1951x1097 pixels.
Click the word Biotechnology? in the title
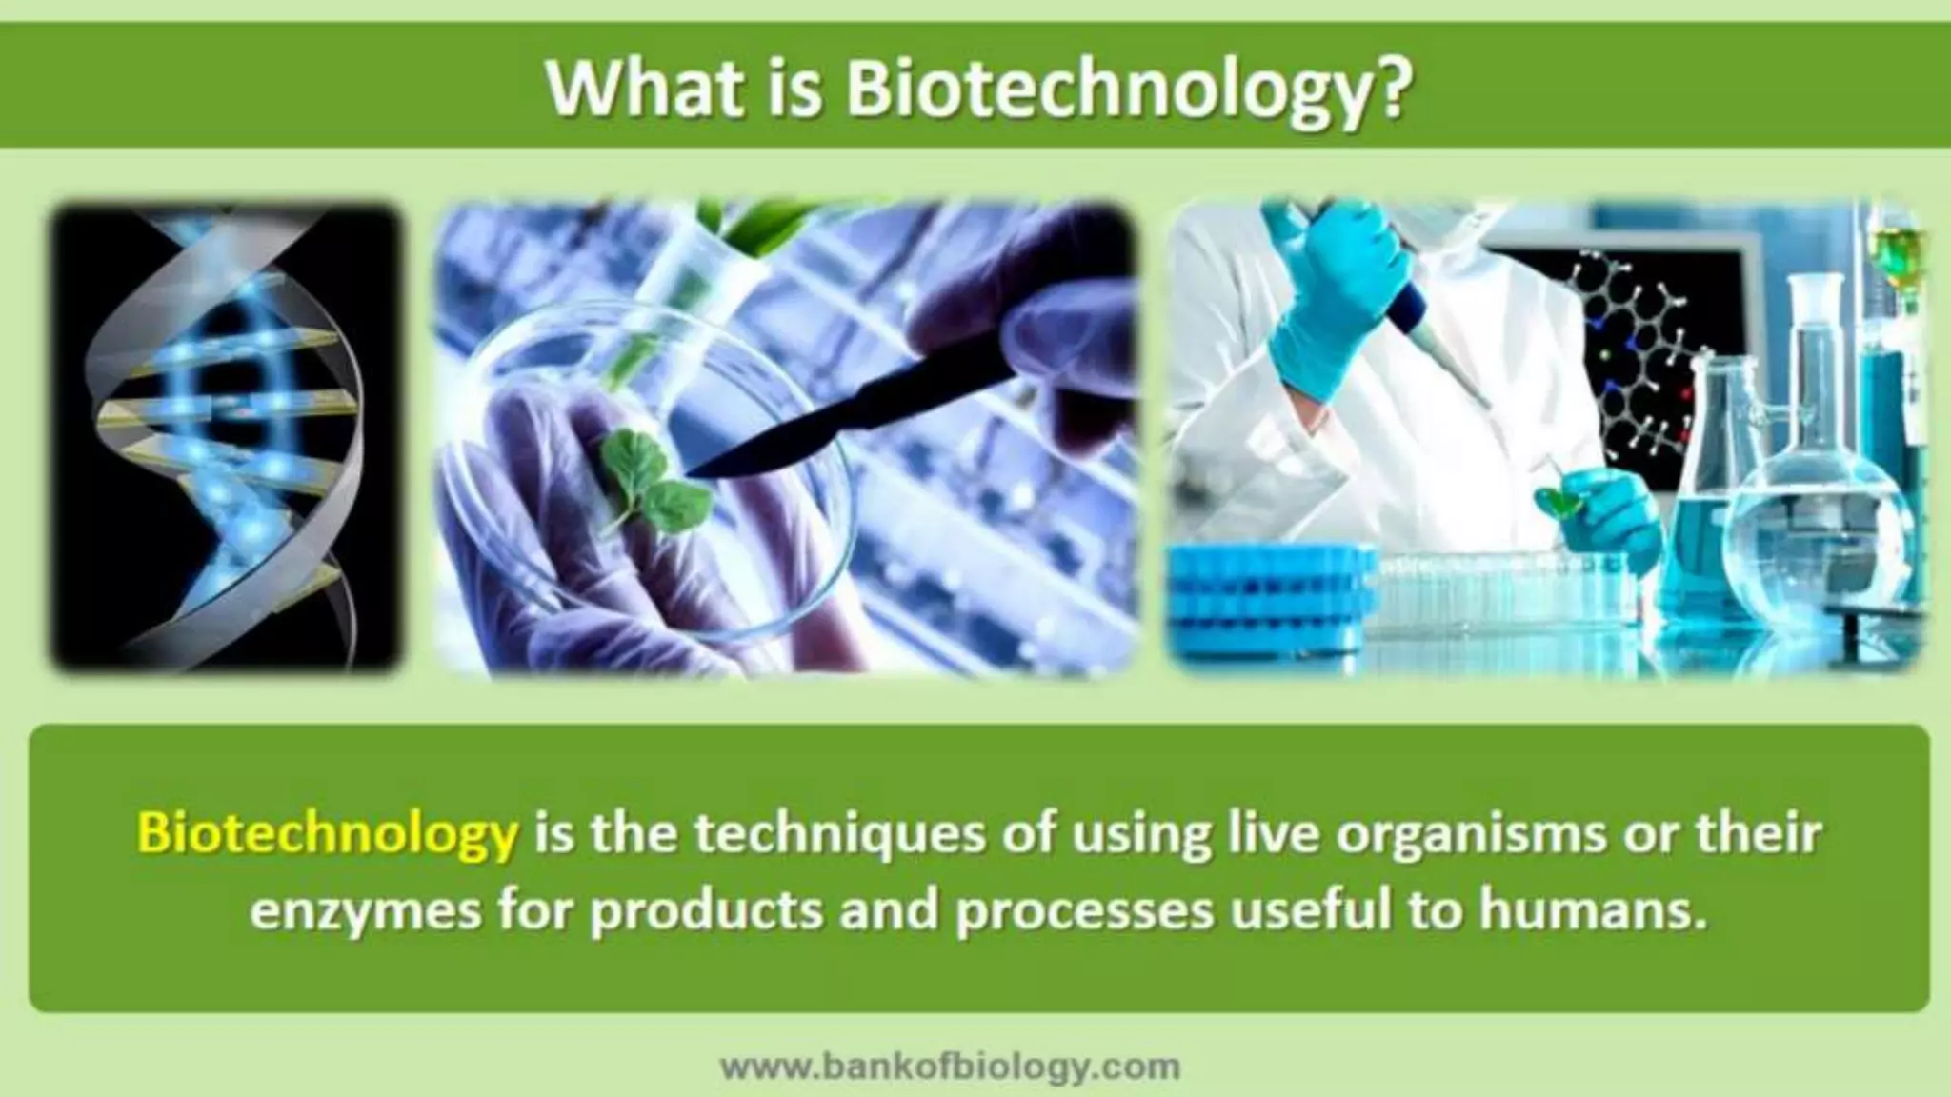(x=1126, y=90)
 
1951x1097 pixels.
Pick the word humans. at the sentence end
(x=1591, y=910)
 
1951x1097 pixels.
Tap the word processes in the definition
(x=1084, y=911)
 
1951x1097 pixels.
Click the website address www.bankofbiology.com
(x=950, y=1066)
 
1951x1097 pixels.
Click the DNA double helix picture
(x=225, y=438)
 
